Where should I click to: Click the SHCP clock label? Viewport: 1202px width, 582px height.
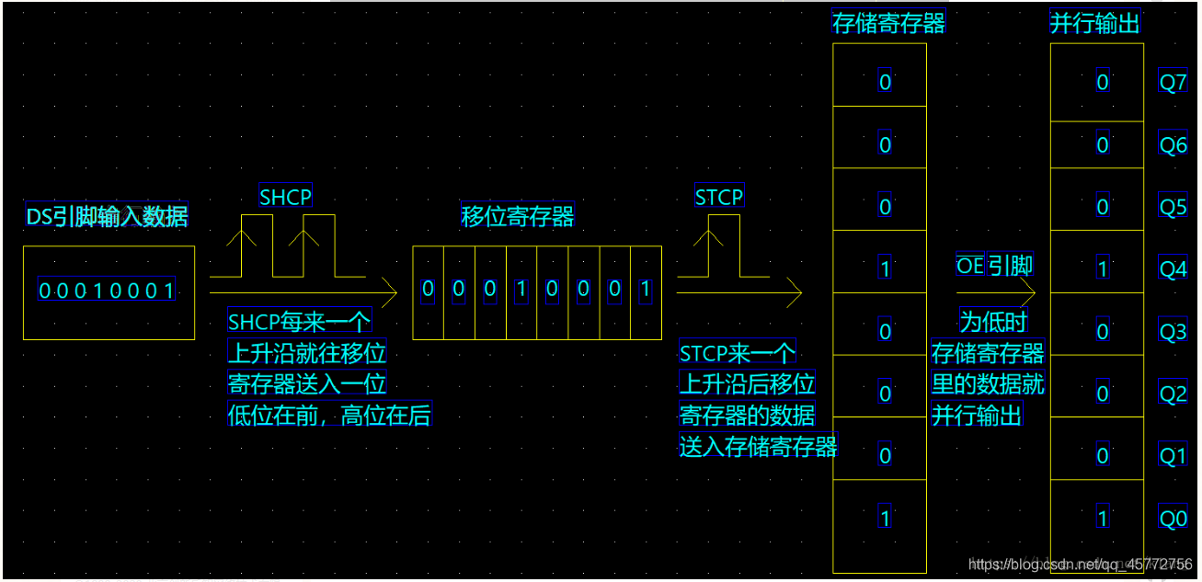[285, 197]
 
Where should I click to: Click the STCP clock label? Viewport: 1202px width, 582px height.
[719, 197]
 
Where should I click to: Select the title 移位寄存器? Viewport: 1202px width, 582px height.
[518, 216]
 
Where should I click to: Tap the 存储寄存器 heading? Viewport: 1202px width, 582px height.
[888, 23]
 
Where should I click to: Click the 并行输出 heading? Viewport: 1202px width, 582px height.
[1095, 23]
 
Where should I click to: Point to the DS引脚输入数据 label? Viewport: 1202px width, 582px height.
[108, 217]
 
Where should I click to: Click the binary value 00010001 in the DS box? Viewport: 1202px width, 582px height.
[107, 291]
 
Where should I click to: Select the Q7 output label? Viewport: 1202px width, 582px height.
[1173, 83]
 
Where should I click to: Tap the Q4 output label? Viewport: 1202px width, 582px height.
[1173, 269]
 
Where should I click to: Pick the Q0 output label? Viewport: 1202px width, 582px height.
[1173, 519]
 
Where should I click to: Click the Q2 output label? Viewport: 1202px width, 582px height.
[1173, 394]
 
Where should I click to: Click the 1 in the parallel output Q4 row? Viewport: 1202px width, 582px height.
[1103, 269]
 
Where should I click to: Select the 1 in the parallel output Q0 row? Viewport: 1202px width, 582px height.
[1103, 519]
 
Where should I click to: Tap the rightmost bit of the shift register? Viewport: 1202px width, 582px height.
[645, 290]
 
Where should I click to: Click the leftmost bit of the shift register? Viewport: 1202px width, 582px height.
[428, 290]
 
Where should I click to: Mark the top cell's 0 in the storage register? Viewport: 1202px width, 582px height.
[885, 83]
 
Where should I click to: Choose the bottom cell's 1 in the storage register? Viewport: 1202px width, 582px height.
[885, 519]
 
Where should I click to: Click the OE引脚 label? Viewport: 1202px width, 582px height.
[995, 267]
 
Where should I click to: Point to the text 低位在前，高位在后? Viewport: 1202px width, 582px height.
[329, 416]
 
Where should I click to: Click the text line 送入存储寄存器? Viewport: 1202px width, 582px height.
[758, 448]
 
